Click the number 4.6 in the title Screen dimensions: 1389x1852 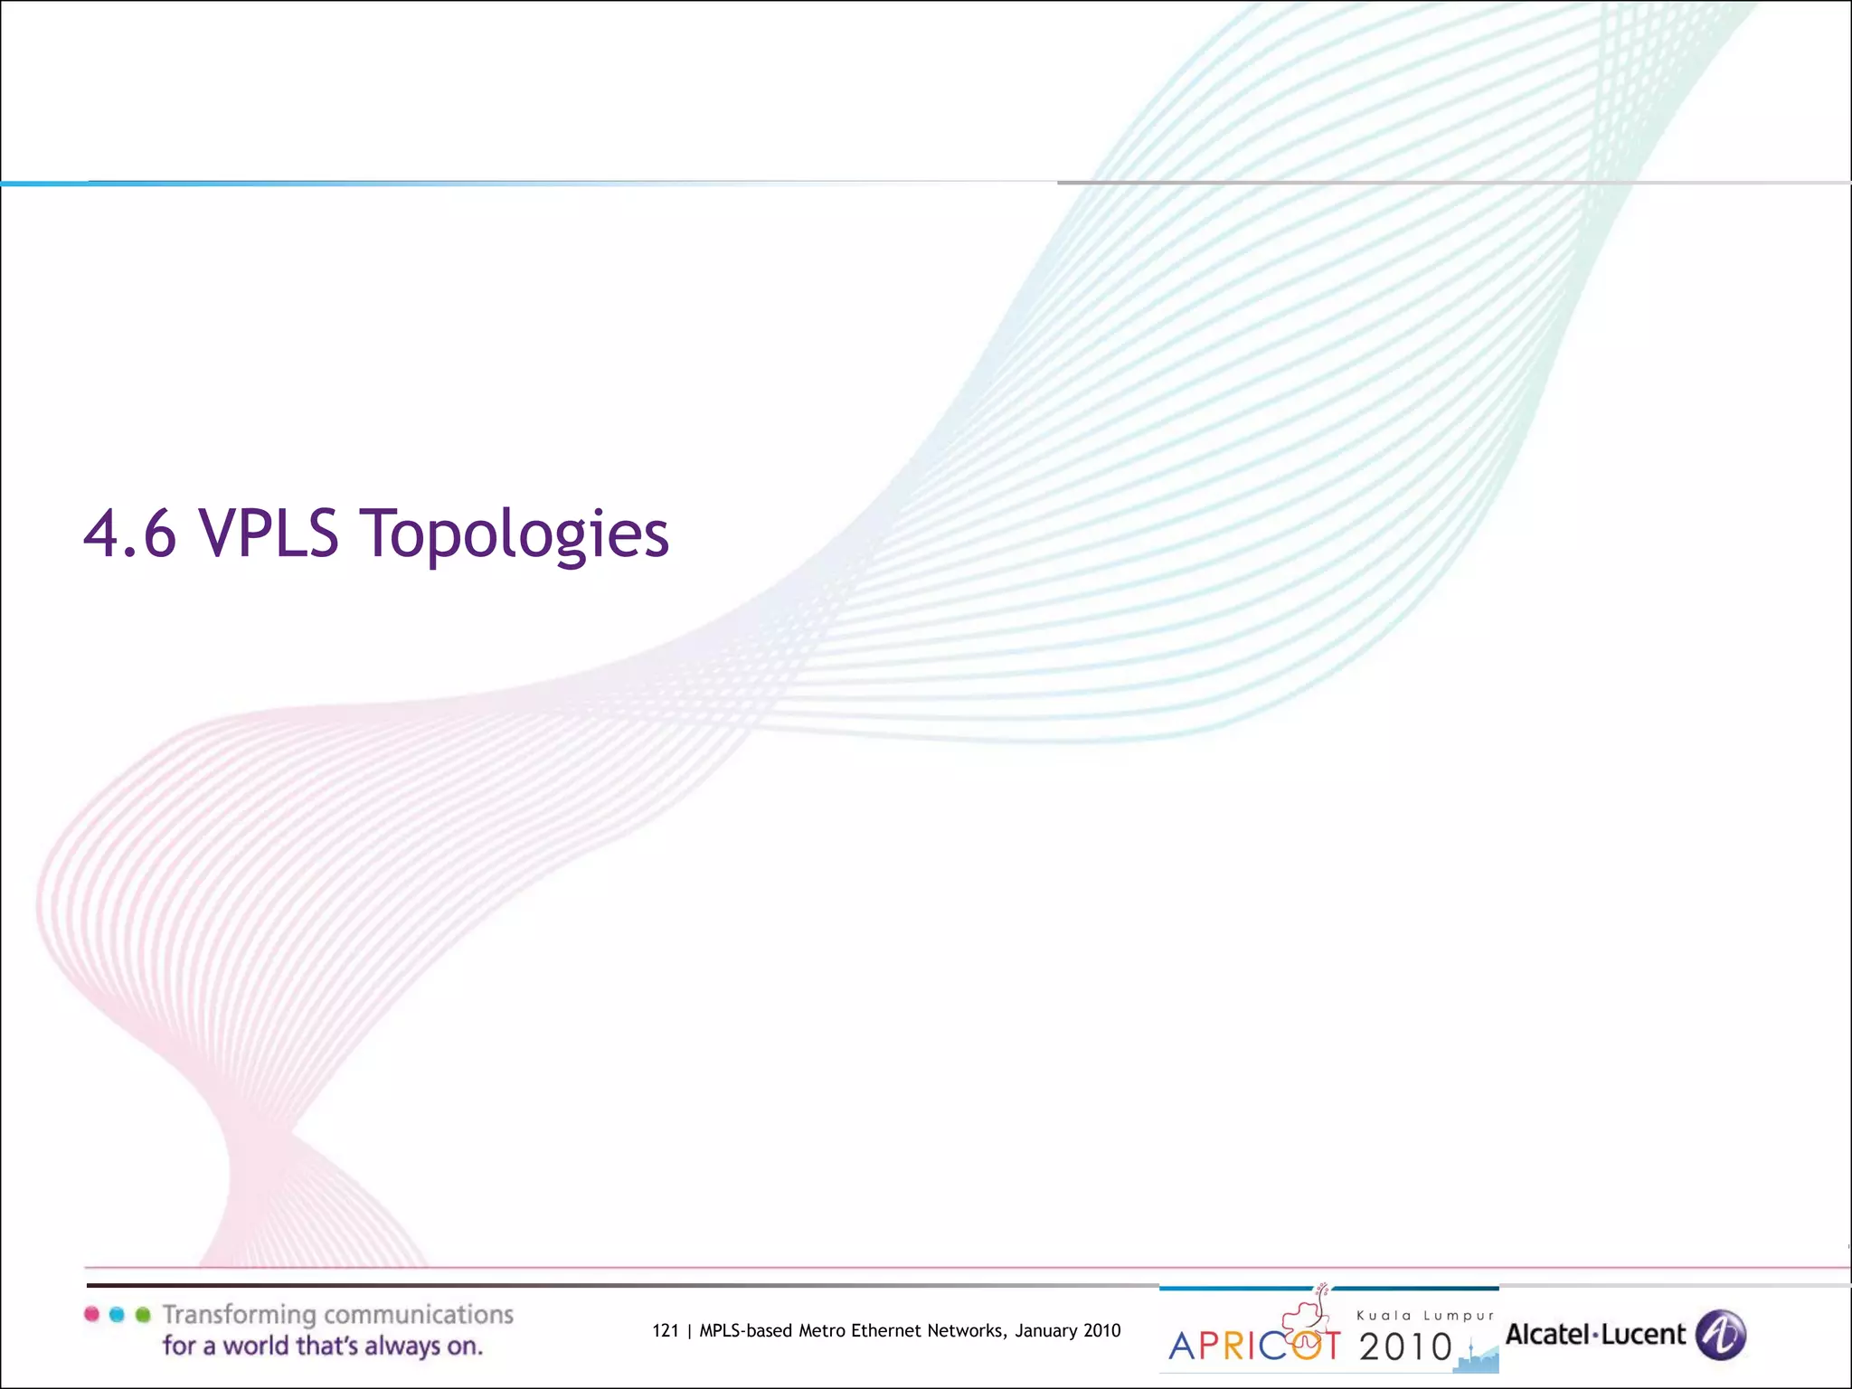click(x=129, y=534)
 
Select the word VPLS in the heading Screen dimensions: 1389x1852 click(x=269, y=534)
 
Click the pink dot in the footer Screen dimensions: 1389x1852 click(x=91, y=1315)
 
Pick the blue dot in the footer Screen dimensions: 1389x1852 click(x=117, y=1315)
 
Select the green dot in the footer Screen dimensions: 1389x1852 click(x=143, y=1315)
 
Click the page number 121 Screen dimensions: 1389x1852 click(x=666, y=1330)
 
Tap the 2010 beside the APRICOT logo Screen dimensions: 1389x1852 click(x=1405, y=1346)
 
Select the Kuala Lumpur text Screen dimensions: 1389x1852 click(x=1425, y=1316)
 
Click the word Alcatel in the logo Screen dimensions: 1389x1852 click(x=1547, y=1335)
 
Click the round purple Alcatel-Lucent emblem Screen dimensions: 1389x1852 click(x=1721, y=1335)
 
